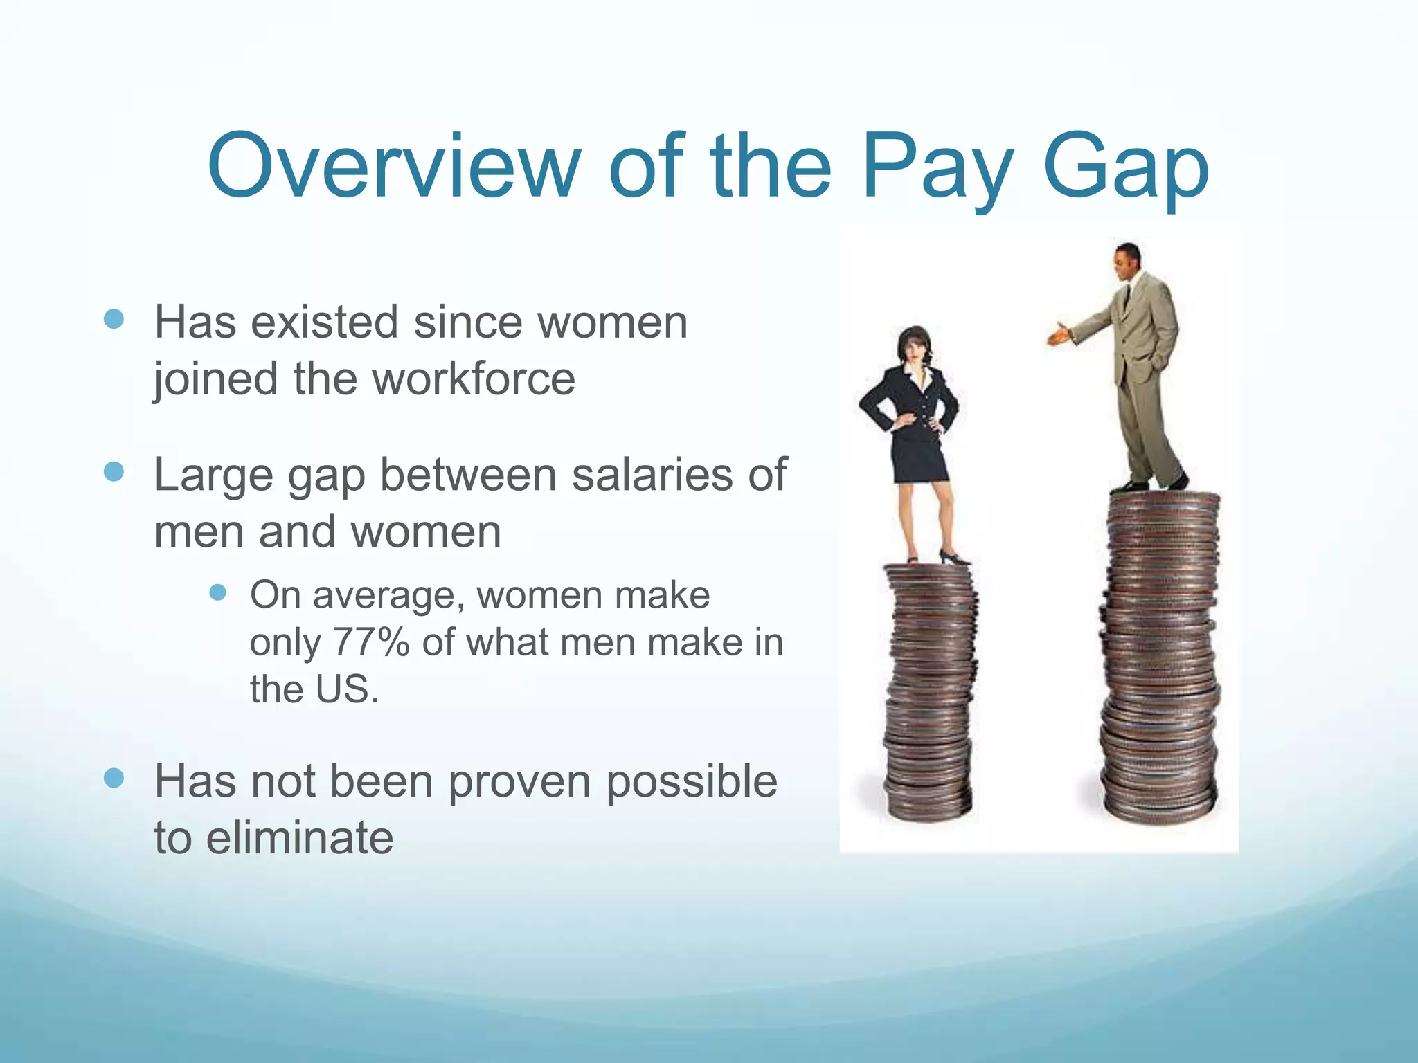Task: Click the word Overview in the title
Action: click(x=393, y=167)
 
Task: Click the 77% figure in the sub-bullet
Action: click(x=371, y=642)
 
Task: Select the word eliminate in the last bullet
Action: click(x=300, y=837)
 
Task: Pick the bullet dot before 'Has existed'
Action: click(x=113, y=319)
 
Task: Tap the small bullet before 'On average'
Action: click(x=218, y=592)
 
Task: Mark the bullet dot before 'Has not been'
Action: click(x=113, y=778)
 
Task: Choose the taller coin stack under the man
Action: click(x=1160, y=657)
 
